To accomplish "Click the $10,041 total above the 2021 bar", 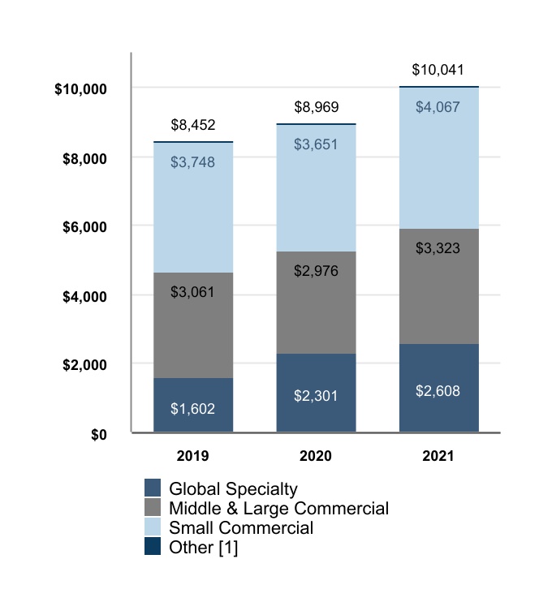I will pos(438,71).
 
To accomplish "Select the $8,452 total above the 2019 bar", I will pos(193,125).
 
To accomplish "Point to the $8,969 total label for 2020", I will pos(316,107).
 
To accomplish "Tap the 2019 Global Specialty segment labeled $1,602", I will pos(193,405).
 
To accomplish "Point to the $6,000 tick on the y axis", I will pos(84,226).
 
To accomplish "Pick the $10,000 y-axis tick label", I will pos(81,88).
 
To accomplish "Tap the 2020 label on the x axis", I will pos(316,456).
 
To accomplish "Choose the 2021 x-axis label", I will pos(438,456).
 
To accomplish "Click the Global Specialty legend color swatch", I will pos(153,488).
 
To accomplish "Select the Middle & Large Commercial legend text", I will pos(278,509).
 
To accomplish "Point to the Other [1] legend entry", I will pos(203,548).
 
